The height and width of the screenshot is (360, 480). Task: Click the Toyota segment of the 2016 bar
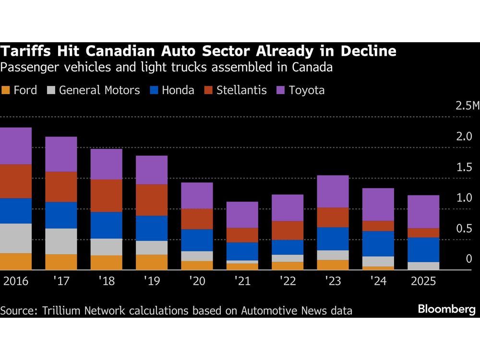[16, 146]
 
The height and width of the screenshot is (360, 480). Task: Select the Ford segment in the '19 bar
[152, 262]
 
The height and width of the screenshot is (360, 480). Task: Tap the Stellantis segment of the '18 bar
[106, 195]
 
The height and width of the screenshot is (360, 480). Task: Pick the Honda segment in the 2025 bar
[424, 250]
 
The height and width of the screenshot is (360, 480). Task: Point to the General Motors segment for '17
[61, 241]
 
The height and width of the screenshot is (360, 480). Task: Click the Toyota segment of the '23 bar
[333, 191]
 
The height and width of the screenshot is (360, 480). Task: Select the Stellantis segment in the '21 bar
[242, 235]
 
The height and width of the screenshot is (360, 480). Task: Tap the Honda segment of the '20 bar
[197, 240]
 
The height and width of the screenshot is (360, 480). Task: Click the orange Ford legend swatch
[6, 90]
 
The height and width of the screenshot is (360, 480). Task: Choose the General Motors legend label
[99, 90]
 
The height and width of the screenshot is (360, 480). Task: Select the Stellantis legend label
[241, 90]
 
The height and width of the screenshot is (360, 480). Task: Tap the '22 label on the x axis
[288, 281]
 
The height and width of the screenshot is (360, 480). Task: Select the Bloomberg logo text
[446, 309]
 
